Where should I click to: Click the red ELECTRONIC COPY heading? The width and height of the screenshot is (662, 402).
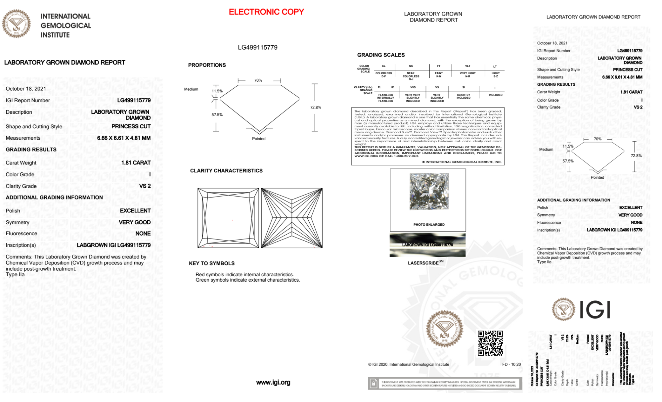pyautogui.click(x=266, y=12)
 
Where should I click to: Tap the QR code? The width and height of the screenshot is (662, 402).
pyautogui.click(x=490, y=343)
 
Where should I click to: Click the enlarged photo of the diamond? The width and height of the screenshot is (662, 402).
pyautogui.click(x=429, y=192)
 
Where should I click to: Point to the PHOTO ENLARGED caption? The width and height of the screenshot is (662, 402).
pyautogui.click(x=429, y=225)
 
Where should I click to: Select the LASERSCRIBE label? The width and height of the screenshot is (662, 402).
pyautogui.click(x=423, y=263)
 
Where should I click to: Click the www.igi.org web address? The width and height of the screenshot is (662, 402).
pyautogui.click(x=273, y=382)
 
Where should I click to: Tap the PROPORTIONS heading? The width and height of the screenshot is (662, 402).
pyautogui.click(x=207, y=65)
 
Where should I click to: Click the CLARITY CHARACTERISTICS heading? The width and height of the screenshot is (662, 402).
pyautogui.click(x=226, y=171)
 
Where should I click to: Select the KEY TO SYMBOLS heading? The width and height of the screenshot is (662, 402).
pyautogui.click(x=212, y=263)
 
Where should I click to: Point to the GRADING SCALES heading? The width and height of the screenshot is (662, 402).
pyautogui.click(x=381, y=55)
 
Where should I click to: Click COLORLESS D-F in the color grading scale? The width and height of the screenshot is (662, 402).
pyautogui.click(x=383, y=75)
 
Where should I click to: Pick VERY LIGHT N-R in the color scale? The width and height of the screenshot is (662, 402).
pyautogui.click(x=467, y=75)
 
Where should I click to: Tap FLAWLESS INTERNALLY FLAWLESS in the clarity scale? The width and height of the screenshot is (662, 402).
pyautogui.click(x=386, y=98)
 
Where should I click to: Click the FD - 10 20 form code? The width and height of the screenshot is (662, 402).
pyautogui.click(x=511, y=364)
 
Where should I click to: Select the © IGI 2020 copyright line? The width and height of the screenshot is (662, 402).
pyautogui.click(x=409, y=364)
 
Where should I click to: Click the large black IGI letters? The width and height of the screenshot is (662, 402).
pyautogui.click(x=595, y=310)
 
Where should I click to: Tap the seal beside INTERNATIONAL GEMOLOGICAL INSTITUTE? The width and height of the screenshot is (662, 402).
pyautogui.click(x=16, y=24)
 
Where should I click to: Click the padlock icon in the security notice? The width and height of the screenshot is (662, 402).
pyautogui.click(x=374, y=383)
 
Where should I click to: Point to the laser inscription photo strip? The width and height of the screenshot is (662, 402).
pyautogui.click(x=427, y=245)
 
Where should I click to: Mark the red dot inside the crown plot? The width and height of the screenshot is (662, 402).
pyautogui.click(x=232, y=220)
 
